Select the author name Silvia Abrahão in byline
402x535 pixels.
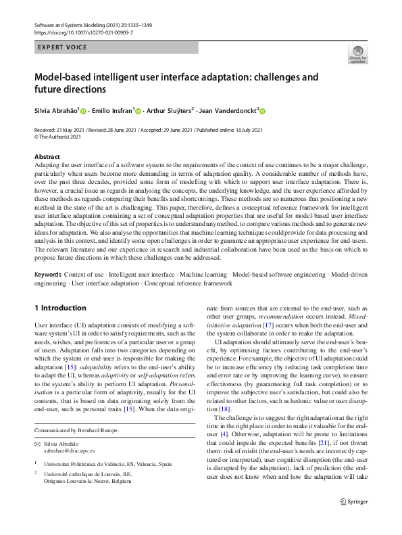(x=56, y=111)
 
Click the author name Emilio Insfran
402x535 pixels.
(x=112, y=111)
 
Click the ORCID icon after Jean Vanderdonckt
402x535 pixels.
(x=263, y=112)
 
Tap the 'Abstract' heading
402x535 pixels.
(x=47, y=156)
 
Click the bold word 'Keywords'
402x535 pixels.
(x=48, y=276)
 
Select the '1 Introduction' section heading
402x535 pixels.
(x=60, y=308)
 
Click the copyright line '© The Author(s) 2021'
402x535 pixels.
(x=61, y=136)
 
